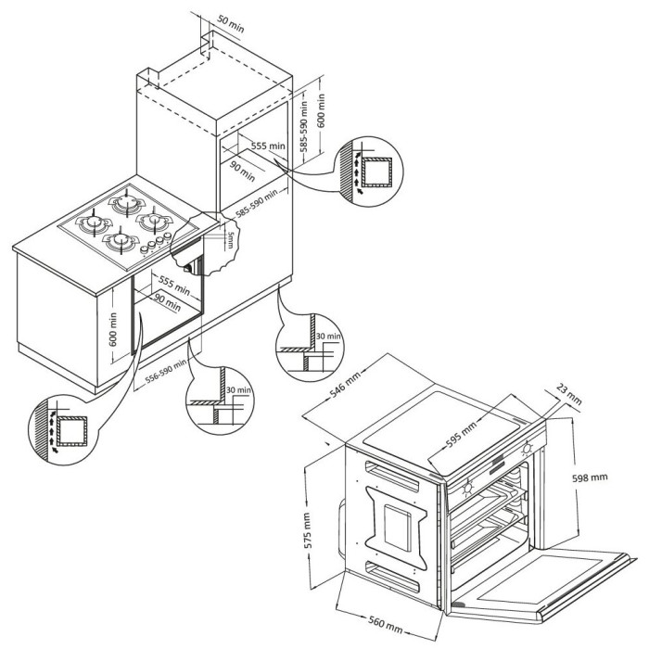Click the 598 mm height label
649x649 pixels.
(589, 477)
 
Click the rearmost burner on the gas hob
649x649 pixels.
(127, 199)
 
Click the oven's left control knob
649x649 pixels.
(466, 483)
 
